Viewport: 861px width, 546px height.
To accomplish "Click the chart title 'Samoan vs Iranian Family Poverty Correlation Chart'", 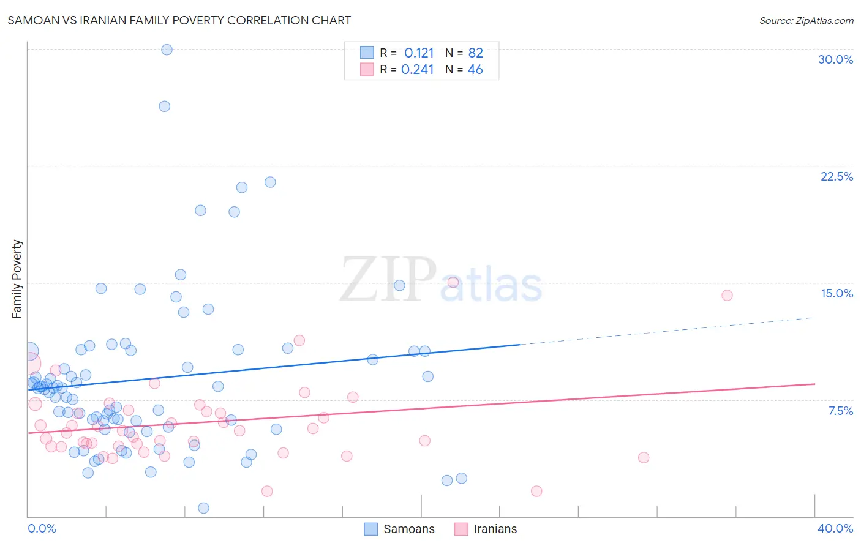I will pos(179,20).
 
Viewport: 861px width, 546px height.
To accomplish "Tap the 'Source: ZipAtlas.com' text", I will pos(806,20).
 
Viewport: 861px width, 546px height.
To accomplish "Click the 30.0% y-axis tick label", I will pos(835,59).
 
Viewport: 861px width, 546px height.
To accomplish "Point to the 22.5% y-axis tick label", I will pos(837,176).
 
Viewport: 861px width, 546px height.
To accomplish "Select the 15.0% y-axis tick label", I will pos(837,293).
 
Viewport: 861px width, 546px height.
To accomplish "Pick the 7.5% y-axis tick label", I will pos(840,411).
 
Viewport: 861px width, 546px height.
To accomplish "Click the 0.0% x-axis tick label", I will pos(42,528).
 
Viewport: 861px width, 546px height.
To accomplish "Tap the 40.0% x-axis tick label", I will pos(835,528).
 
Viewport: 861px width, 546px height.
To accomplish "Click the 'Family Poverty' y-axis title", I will pos(17,279).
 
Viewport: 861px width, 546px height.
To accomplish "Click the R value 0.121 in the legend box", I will pos(419,53).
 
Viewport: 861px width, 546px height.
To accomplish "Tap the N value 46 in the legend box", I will pos(475,70).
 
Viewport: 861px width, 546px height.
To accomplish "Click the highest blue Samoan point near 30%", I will pos(167,50).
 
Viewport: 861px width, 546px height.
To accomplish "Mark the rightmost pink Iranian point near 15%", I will pos(727,295).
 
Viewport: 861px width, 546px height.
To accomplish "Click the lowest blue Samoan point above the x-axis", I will pos(203,508).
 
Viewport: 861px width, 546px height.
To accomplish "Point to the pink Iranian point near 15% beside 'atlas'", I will pos(453,282).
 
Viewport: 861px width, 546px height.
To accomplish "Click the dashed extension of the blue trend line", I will pos(667,331).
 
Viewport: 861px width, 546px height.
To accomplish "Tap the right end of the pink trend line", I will pos(813,384).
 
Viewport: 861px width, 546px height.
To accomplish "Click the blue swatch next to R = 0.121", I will pos(367,53).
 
